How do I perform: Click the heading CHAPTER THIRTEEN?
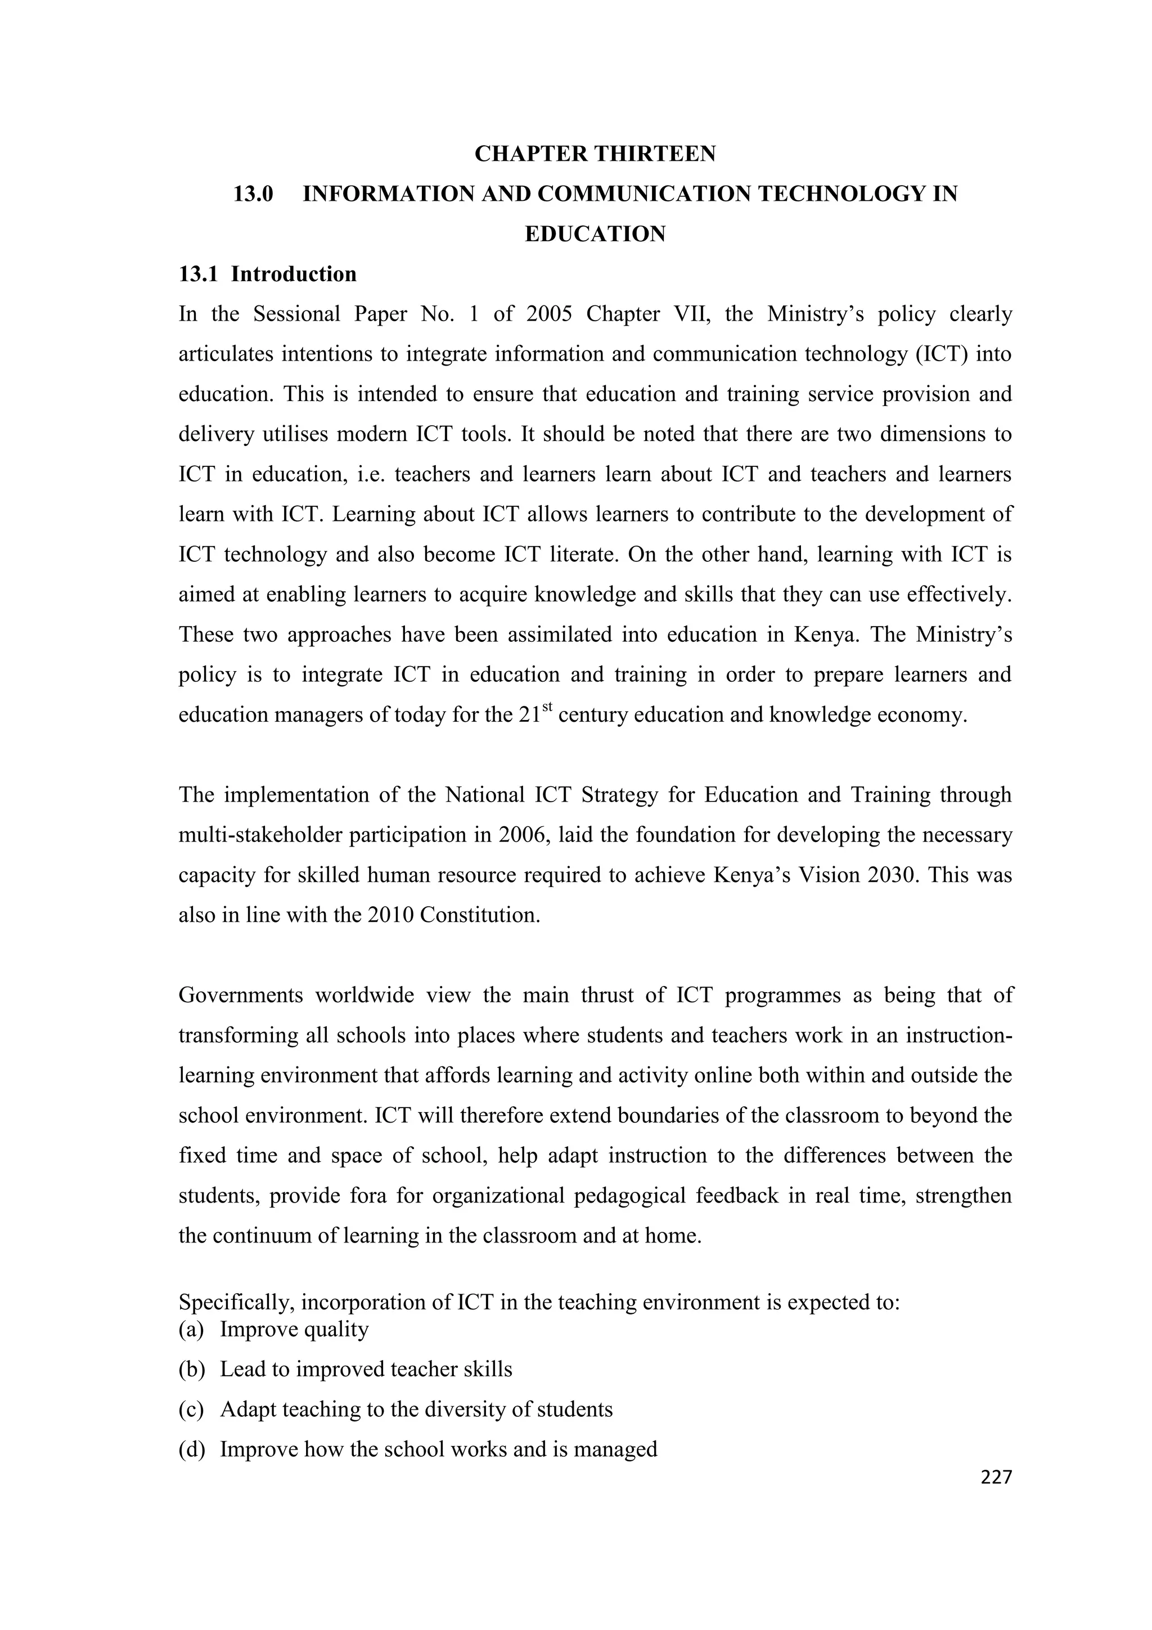pyautogui.click(x=595, y=154)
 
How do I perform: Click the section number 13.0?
pyautogui.click(x=253, y=194)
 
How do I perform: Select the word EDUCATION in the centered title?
pyautogui.click(x=595, y=235)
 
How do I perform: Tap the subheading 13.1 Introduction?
pyautogui.click(x=268, y=274)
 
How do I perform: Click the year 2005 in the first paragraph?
pyautogui.click(x=548, y=314)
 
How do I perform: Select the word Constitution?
pyautogui.click(x=480, y=915)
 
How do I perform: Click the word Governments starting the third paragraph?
pyautogui.click(x=240, y=996)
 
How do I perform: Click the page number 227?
pyautogui.click(x=996, y=1479)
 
